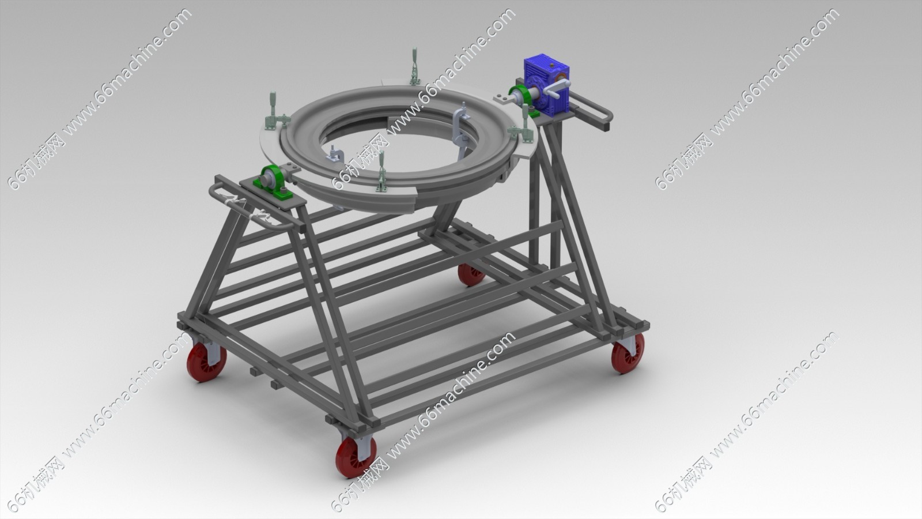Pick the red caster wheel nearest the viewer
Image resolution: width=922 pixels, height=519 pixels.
[356, 457]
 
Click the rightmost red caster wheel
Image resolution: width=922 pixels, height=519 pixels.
[628, 353]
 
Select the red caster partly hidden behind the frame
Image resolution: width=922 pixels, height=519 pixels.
[471, 274]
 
